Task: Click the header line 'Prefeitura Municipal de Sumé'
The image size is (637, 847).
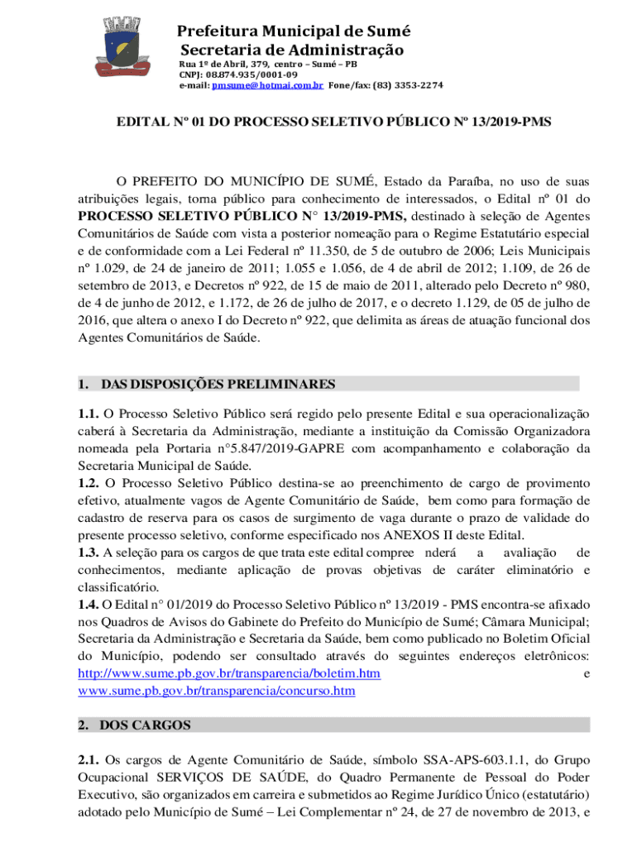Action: [293, 31]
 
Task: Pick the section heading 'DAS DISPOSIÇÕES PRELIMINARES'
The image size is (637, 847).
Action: [217, 384]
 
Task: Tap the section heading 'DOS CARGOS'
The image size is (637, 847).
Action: [145, 725]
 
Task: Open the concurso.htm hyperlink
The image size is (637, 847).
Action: [216, 690]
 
